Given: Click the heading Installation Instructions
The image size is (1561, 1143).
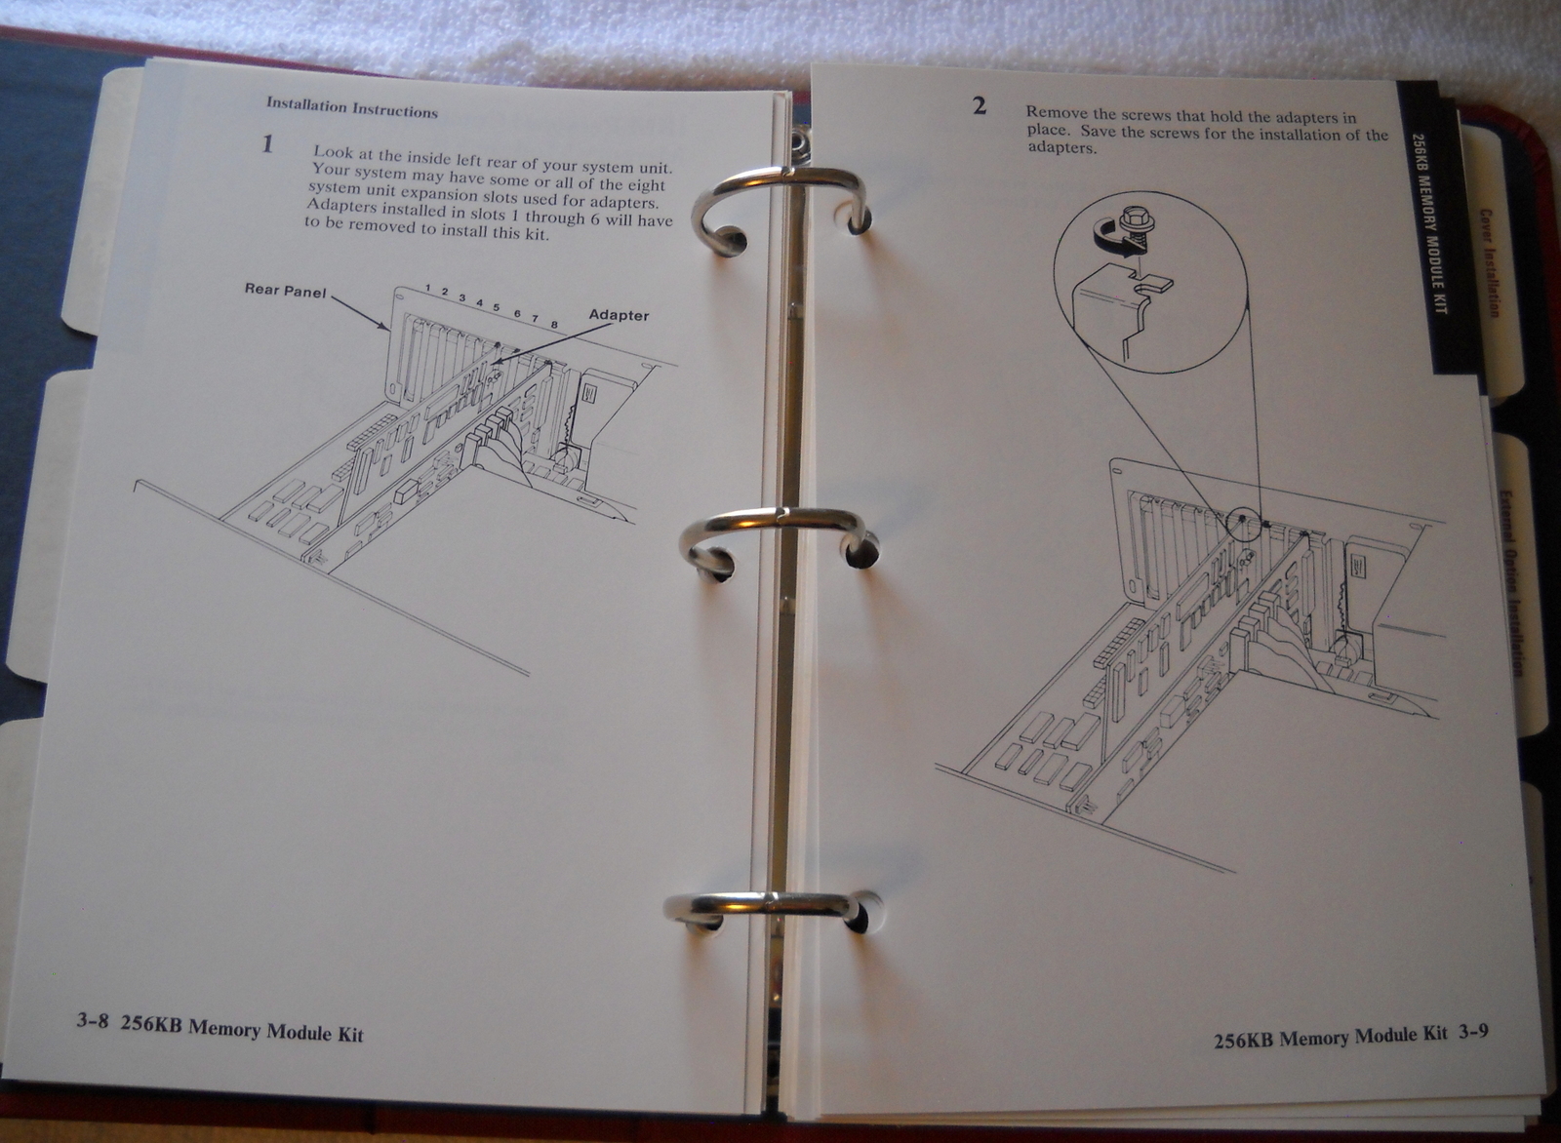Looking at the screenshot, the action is coord(352,108).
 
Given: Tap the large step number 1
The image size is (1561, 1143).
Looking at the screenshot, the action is coord(267,144).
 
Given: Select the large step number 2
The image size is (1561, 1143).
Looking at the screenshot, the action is coord(980,106).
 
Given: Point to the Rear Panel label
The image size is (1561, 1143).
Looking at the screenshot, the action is coord(285,291).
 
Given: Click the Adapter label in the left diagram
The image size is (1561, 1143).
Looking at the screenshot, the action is coord(619,315).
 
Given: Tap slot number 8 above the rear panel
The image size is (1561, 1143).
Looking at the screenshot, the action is coord(554,325).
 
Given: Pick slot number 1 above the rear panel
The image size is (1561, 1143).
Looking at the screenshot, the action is coord(427,288).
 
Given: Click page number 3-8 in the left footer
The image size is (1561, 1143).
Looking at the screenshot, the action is coord(93,1022).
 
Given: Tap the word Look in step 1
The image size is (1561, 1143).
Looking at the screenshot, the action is coord(333,152).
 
